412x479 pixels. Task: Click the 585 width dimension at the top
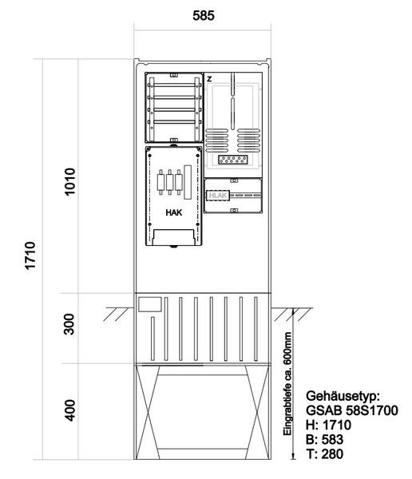pyautogui.click(x=204, y=16)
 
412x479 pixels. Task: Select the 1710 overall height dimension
pyautogui.click(x=30, y=255)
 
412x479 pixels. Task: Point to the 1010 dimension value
pyautogui.click(x=69, y=181)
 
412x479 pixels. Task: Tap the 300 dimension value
pyautogui.click(x=69, y=324)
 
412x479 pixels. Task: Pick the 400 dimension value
pyautogui.click(x=70, y=410)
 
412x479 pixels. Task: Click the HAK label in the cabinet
pyautogui.click(x=174, y=212)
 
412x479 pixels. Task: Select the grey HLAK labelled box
pyautogui.click(x=218, y=196)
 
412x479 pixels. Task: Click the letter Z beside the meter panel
pyautogui.click(x=209, y=79)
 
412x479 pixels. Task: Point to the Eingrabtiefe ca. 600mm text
pyautogui.click(x=287, y=384)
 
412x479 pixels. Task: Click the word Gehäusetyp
pyautogui.click(x=343, y=396)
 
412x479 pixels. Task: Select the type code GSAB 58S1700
pyautogui.click(x=352, y=410)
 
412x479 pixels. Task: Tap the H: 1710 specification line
pyautogui.click(x=328, y=425)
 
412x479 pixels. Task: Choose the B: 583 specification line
pyautogui.click(x=325, y=439)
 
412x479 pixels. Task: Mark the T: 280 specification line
pyautogui.click(x=325, y=453)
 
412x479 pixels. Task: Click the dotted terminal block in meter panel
pyautogui.click(x=233, y=160)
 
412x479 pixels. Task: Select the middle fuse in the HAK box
pyautogui.click(x=170, y=182)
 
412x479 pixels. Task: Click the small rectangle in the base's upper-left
pyautogui.click(x=150, y=305)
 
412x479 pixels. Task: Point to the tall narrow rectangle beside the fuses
pyautogui.click(x=188, y=182)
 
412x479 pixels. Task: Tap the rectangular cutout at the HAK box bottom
pyautogui.click(x=173, y=237)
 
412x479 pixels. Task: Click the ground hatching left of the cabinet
pyautogui.click(x=117, y=314)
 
